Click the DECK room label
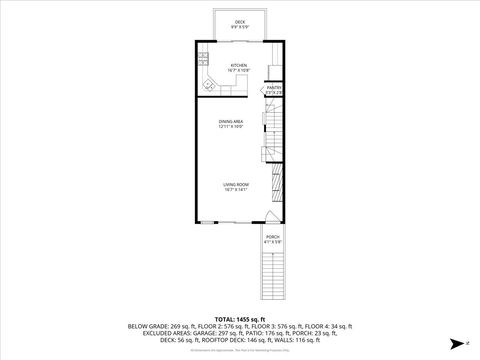pyautogui.click(x=240, y=21)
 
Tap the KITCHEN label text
pyautogui.click(x=239, y=65)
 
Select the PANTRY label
pyautogui.click(x=273, y=87)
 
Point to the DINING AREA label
pyautogui.click(x=232, y=121)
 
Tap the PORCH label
pyautogui.click(x=273, y=236)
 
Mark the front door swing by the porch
pyautogui.click(x=271, y=218)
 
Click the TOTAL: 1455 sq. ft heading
pyautogui.click(x=240, y=317)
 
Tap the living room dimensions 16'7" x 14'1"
pyautogui.click(x=237, y=190)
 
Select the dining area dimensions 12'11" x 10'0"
pyautogui.click(x=232, y=127)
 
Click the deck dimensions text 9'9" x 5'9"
pyautogui.click(x=240, y=26)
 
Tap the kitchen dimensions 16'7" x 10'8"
pyautogui.click(x=239, y=71)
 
